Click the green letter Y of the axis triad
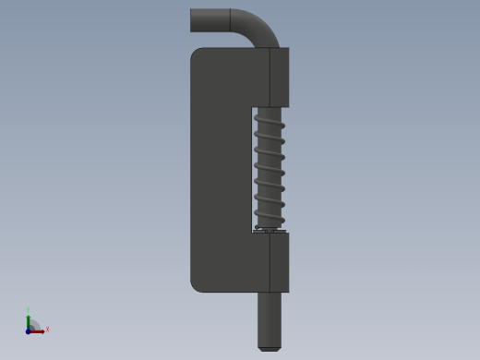[29, 310]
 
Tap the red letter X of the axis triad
[47, 329]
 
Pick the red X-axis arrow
[39, 330]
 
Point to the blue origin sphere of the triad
[29, 330]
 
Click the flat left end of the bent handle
[191, 21]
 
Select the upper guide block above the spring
[279, 77]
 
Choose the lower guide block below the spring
[279, 262]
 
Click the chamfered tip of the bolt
[270, 348]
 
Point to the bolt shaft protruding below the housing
[270, 318]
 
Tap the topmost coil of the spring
[270, 113]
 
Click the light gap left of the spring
[254, 166]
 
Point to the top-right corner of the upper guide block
[288, 49]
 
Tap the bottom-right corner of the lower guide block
[288, 291]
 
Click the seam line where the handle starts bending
[230, 21]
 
